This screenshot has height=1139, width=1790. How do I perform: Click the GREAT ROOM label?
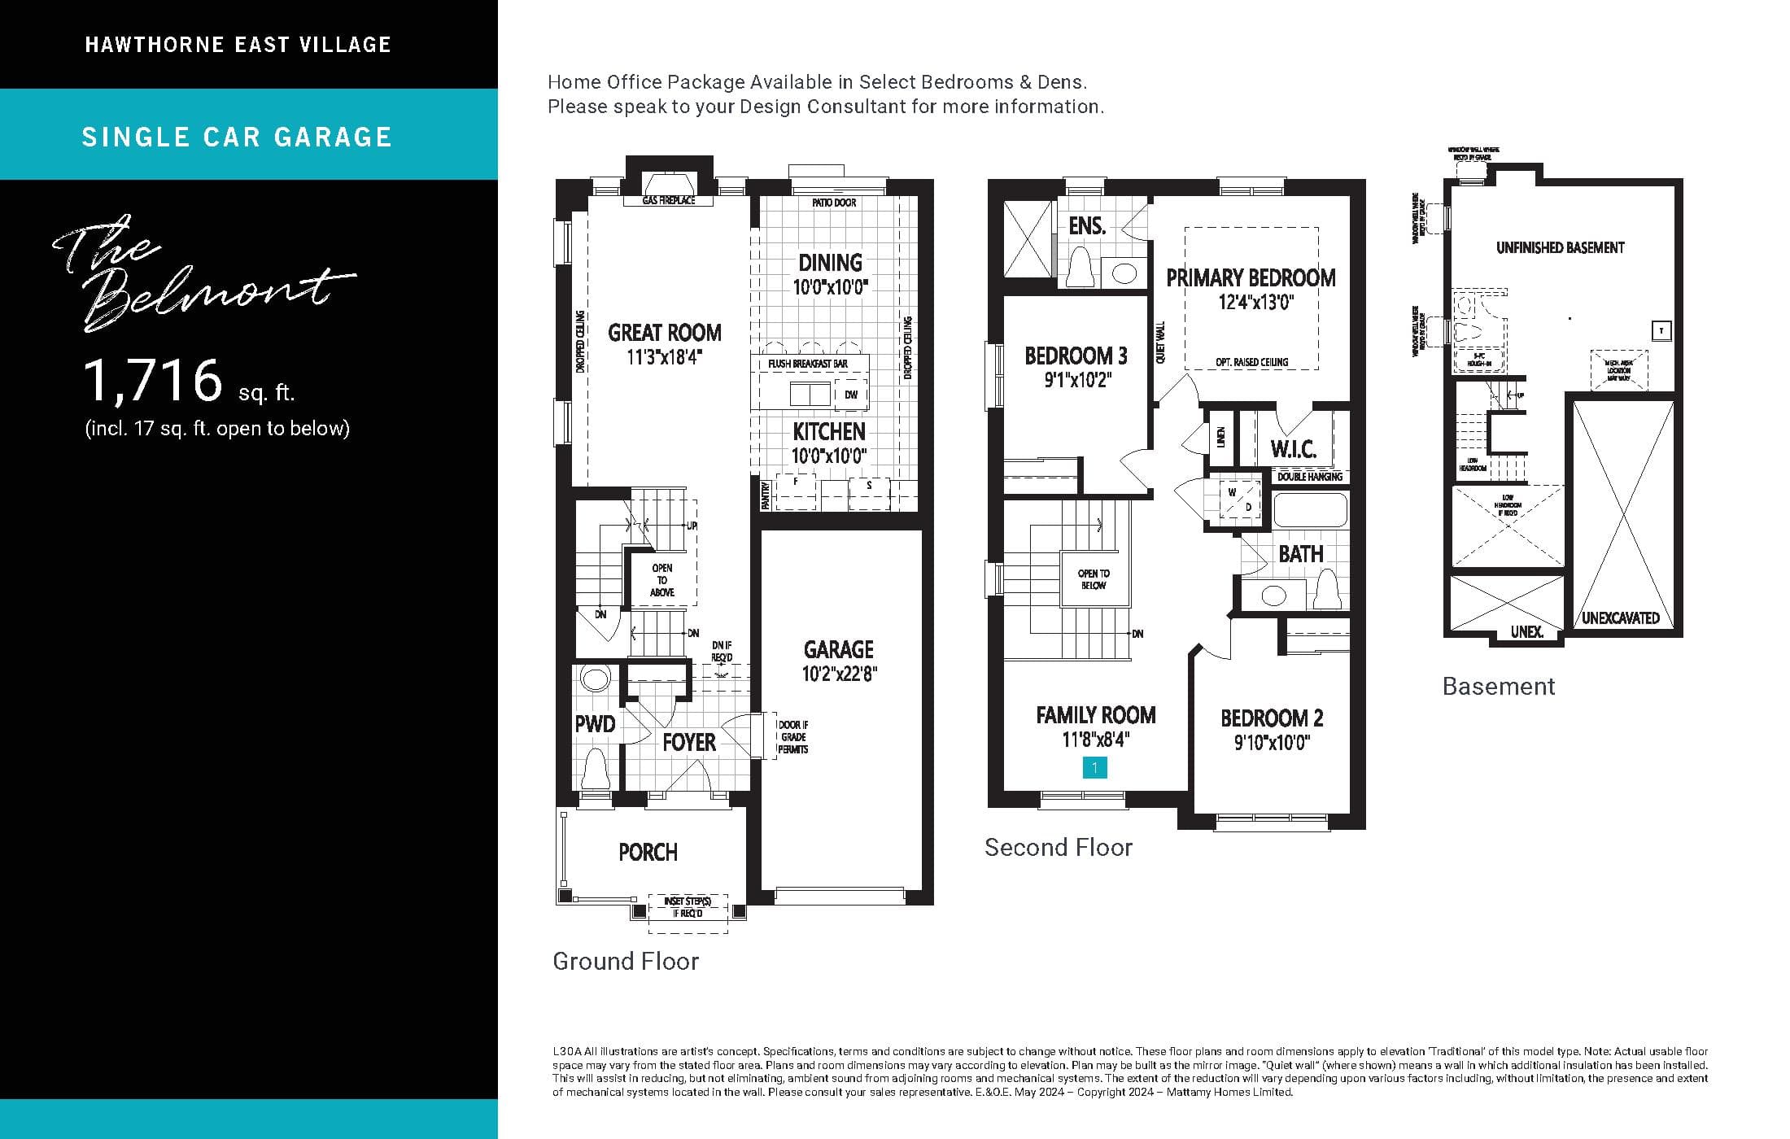(x=665, y=333)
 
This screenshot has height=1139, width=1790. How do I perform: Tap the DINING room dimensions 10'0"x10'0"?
(x=831, y=287)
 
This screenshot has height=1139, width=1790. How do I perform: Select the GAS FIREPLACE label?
(x=668, y=200)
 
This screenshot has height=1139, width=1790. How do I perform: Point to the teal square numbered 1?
(x=1094, y=767)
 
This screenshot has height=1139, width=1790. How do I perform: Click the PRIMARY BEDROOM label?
(x=1251, y=278)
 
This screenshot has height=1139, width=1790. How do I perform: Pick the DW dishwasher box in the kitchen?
(x=851, y=395)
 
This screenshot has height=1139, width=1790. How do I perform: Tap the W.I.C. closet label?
(x=1293, y=450)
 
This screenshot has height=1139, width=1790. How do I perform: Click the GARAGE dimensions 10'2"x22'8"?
(x=839, y=674)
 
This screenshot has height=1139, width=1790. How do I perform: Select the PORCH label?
(x=648, y=853)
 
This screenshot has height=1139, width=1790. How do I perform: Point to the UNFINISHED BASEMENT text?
(x=1560, y=248)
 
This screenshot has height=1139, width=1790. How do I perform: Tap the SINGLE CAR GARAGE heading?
(x=237, y=137)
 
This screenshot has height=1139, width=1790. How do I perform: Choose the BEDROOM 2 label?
(x=1272, y=718)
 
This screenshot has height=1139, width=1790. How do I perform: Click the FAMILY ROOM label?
(x=1095, y=715)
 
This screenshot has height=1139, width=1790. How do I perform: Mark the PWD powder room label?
(x=595, y=724)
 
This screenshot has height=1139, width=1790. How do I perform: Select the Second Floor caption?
(x=1058, y=848)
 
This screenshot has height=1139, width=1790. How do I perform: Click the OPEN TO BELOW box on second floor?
(x=1094, y=579)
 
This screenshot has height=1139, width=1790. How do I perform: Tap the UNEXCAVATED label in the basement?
(x=1620, y=618)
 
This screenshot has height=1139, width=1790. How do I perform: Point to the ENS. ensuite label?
(x=1087, y=226)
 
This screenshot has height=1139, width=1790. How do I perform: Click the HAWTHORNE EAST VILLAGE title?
(x=238, y=45)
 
